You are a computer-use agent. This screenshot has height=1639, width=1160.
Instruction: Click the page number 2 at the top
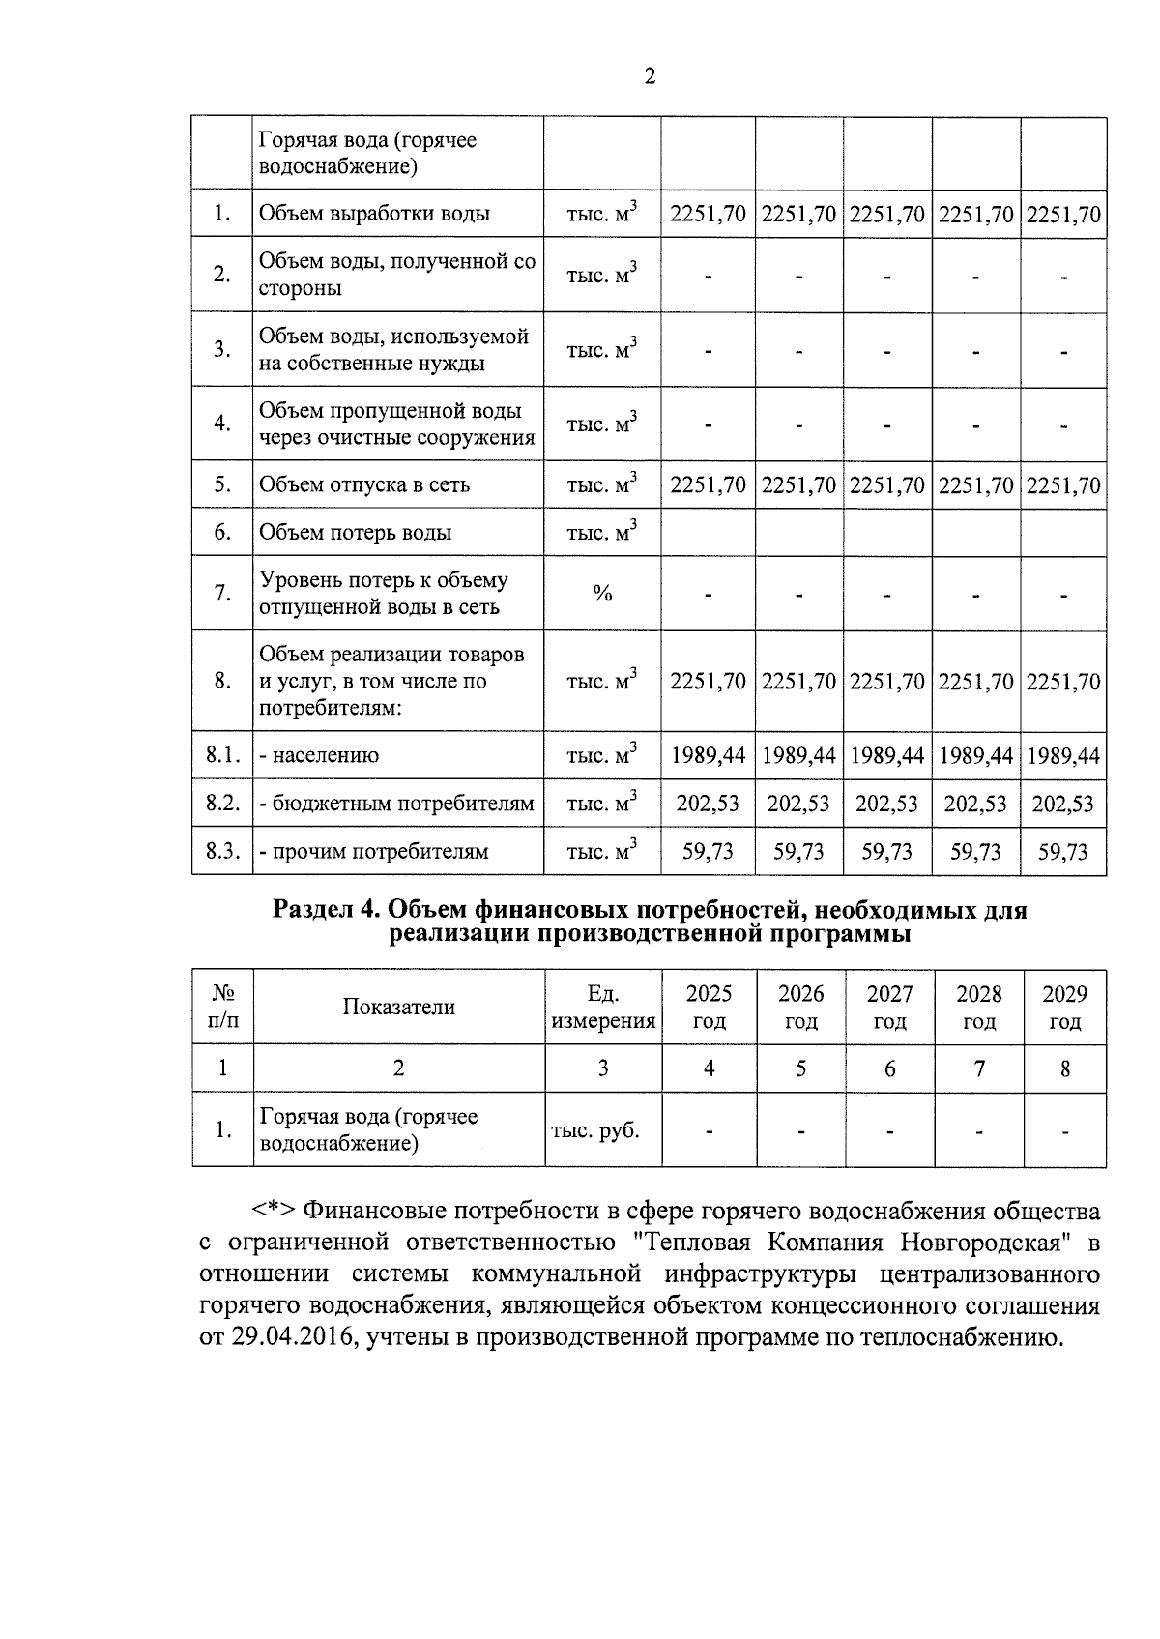(x=649, y=77)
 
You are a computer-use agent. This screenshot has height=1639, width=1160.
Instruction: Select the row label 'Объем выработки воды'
(x=374, y=214)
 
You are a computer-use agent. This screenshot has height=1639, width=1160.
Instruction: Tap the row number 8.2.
(x=222, y=804)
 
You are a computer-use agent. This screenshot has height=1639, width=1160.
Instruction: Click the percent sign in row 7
(x=601, y=594)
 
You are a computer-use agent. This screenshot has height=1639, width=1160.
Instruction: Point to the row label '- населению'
(x=320, y=755)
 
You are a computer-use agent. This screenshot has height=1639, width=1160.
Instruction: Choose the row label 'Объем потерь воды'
(x=355, y=533)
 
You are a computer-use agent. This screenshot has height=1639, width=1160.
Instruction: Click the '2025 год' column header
(x=709, y=1007)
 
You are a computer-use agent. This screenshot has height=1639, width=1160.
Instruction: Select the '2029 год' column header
(x=1064, y=1007)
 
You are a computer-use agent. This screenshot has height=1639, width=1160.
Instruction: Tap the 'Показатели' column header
(x=398, y=1007)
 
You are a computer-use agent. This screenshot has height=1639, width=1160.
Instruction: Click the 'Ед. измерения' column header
(x=602, y=1007)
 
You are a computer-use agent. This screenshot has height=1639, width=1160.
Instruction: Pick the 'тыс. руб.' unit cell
(x=595, y=1129)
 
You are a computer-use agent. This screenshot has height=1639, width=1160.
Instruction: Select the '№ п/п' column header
(x=222, y=1007)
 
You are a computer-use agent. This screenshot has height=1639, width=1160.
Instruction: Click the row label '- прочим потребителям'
(x=374, y=852)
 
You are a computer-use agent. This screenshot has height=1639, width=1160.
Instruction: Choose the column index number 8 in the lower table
(x=1064, y=1068)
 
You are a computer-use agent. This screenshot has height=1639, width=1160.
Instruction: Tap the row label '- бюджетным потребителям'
(x=395, y=804)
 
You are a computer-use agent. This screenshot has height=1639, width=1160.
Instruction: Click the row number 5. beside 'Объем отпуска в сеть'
(x=222, y=484)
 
